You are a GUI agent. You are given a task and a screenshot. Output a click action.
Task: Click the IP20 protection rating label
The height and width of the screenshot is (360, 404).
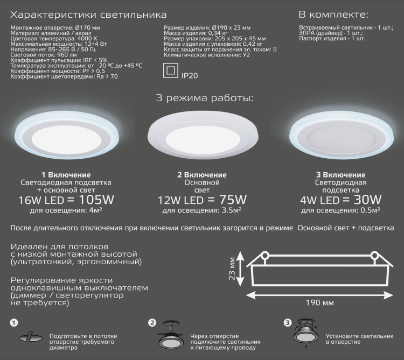pyautogui.click(x=190, y=76)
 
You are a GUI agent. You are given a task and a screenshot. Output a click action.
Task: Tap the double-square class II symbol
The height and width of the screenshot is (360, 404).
pyautogui.click(x=171, y=70)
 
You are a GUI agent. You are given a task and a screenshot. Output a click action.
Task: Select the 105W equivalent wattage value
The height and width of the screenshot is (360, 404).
pyautogui.click(x=96, y=200)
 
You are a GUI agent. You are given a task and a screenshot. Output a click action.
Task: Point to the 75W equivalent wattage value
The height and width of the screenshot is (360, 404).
pyautogui.click(x=233, y=200)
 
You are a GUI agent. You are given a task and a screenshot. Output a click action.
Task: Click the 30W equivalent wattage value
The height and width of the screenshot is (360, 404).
pyautogui.click(x=367, y=200)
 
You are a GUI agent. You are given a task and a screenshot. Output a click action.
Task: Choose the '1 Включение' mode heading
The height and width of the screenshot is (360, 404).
pyautogui.click(x=66, y=175)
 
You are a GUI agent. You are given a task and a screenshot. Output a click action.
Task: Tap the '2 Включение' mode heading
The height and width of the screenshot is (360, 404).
pyautogui.click(x=202, y=175)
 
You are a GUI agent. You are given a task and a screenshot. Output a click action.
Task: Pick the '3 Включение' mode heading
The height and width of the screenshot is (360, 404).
pyautogui.click(x=340, y=175)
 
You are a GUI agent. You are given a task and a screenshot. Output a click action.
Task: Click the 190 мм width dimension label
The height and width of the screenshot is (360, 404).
pyautogui.click(x=319, y=302)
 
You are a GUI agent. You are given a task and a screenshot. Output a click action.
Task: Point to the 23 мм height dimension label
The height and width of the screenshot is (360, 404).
pyautogui.click(x=232, y=269)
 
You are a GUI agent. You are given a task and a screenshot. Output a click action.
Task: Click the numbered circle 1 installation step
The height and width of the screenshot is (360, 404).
pyautogui.click(x=14, y=323)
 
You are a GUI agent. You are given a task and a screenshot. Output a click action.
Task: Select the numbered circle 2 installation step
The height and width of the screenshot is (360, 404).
pyautogui.click(x=152, y=323)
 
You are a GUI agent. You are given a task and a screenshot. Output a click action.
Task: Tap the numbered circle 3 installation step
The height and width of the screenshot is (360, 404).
pyautogui.click(x=288, y=323)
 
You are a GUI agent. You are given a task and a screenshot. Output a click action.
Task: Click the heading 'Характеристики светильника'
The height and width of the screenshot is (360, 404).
pyautogui.click(x=88, y=15)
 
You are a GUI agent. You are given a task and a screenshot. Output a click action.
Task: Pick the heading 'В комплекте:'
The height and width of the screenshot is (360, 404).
pyautogui.click(x=333, y=15)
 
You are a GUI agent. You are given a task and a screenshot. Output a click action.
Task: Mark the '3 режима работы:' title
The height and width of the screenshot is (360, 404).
pyautogui.click(x=205, y=98)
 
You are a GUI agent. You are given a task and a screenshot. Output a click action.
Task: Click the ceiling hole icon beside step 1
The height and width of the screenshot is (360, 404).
pyautogui.click(x=31, y=337)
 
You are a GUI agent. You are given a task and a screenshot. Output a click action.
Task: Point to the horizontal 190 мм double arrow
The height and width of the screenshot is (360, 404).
pyautogui.click(x=319, y=295)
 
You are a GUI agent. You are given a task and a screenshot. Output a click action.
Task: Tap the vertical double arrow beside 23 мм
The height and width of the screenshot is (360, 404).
pyautogui.click(x=240, y=269)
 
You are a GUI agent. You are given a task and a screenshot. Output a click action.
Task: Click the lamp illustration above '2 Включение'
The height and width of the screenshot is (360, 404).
pyautogui.click(x=203, y=137)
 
